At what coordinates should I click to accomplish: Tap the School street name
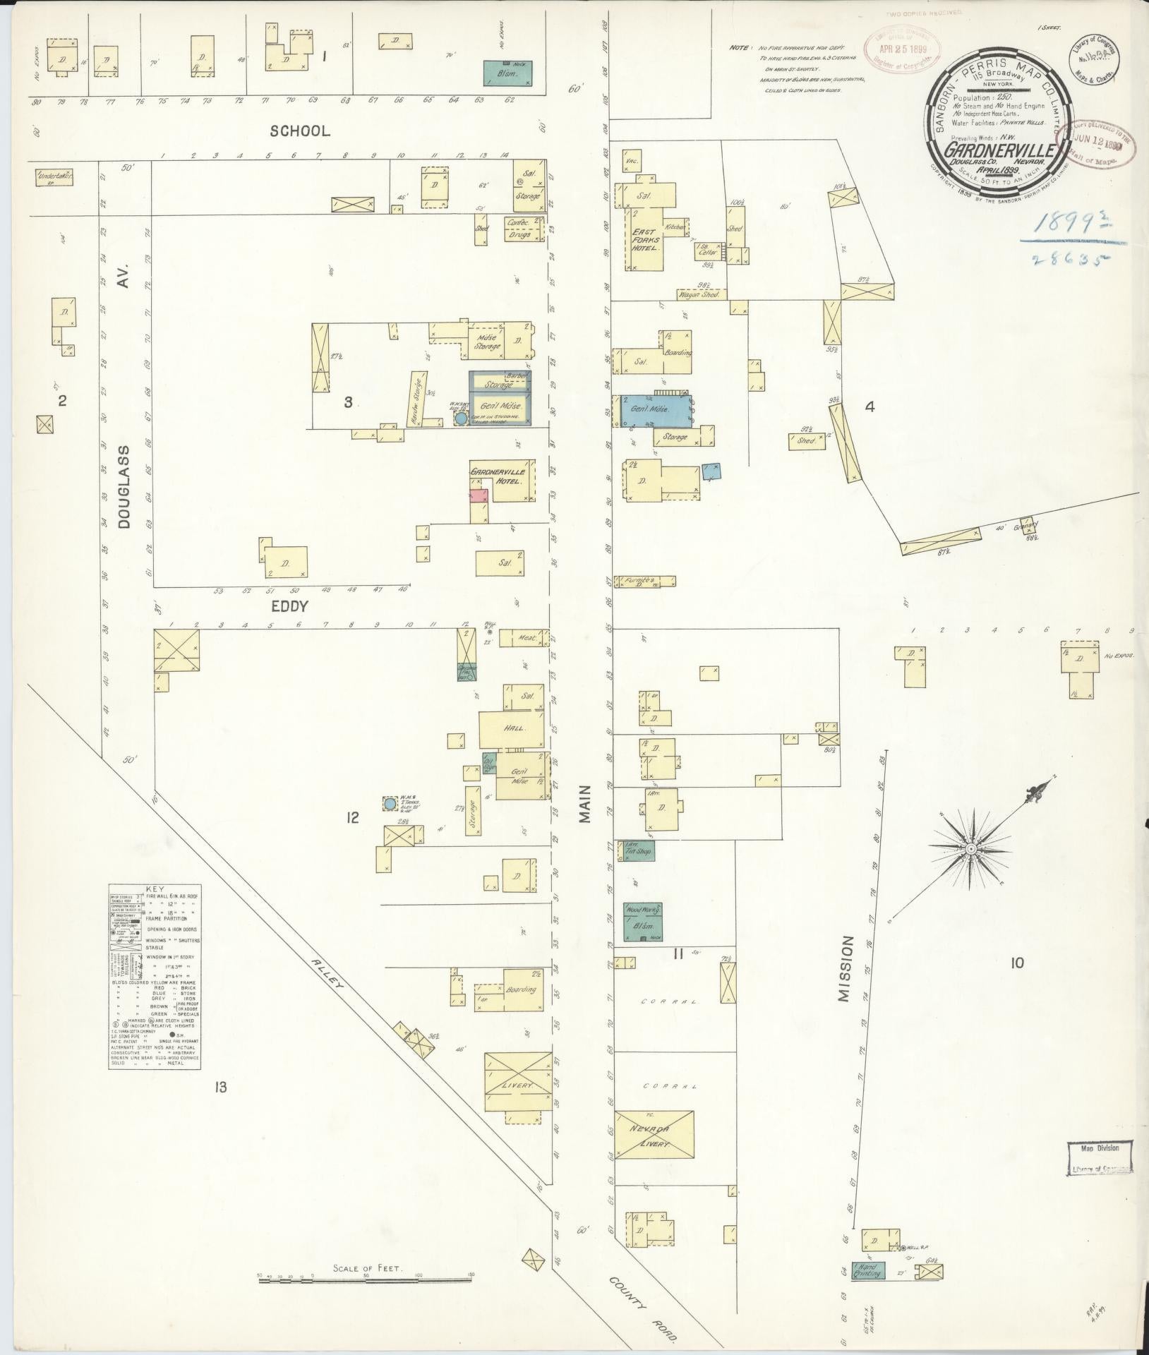[x=300, y=131]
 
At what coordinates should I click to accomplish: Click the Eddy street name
[x=289, y=606]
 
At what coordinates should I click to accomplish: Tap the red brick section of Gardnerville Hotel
[x=480, y=495]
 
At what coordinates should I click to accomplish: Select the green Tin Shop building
[x=635, y=850]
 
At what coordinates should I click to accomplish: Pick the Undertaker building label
[x=55, y=175]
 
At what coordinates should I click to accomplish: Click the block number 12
[x=353, y=817]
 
